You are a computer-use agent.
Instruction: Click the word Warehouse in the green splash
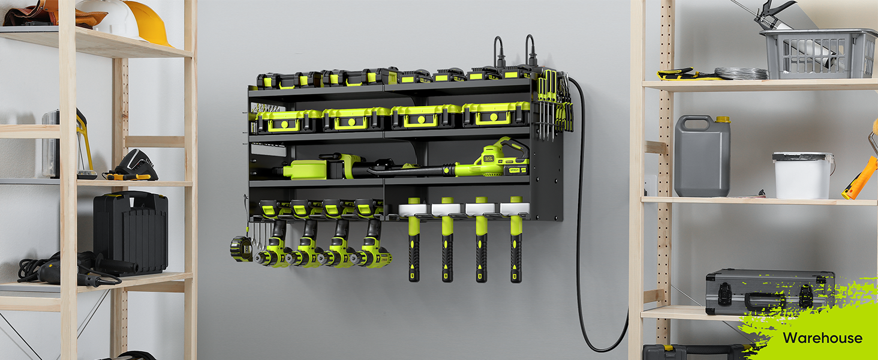(x=822, y=338)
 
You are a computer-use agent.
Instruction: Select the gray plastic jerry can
(x=702, y=157)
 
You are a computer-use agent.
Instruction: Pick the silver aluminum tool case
(x=769, y=292)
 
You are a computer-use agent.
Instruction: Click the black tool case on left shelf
(x=130, y=232)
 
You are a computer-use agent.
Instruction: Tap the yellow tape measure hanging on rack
(x=241, y=248)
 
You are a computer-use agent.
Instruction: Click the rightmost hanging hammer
(x=516, y=240)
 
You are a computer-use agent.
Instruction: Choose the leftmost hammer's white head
(x=413, y=209)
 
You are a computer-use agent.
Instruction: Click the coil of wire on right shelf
(x=741, y=73)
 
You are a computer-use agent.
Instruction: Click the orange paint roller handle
(x=859, y=178)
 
